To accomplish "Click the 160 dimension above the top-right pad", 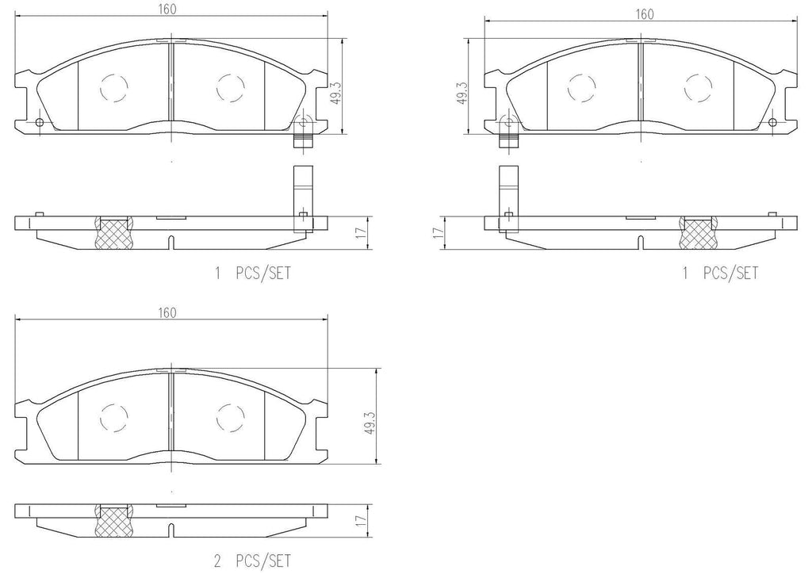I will pos(644,14).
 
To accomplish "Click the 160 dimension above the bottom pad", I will pos(167,313).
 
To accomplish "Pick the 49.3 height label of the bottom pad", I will pos(369,421).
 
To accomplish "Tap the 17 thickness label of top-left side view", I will pos(359,233).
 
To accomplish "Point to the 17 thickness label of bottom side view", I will pos(359,521).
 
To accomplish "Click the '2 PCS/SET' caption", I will pos(253,561).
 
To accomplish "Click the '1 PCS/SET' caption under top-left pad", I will pos(253,274).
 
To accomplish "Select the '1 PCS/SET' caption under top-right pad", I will pos(719,274).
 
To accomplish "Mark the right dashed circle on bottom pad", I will pos(230,417).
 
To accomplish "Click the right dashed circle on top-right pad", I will pos(697,87).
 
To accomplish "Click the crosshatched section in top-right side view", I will pos(696,232).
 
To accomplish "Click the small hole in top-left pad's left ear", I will pos(40,121).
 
